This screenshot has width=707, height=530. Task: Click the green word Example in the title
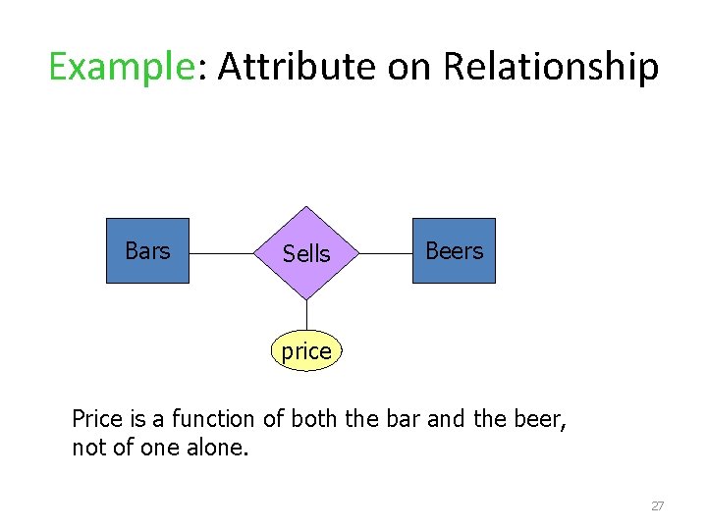(x=117, y=68)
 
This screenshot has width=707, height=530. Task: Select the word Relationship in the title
(x=551, y=68)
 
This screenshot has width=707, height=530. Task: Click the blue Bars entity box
(x=147, y=251)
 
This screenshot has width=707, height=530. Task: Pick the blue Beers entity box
(x=454, y=251)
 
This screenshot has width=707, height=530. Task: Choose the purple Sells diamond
(x=306, y=253)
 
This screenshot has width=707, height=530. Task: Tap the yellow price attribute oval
(x=306, y=351)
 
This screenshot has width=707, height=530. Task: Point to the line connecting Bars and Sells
(x=221, y=253)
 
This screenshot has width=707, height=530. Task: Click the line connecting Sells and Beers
(x=386, y=253)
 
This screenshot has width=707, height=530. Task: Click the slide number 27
(x=658, y=506)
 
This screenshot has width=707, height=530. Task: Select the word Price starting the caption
(x=98, y=420)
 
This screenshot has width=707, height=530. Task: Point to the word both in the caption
(x=307, y=420)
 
